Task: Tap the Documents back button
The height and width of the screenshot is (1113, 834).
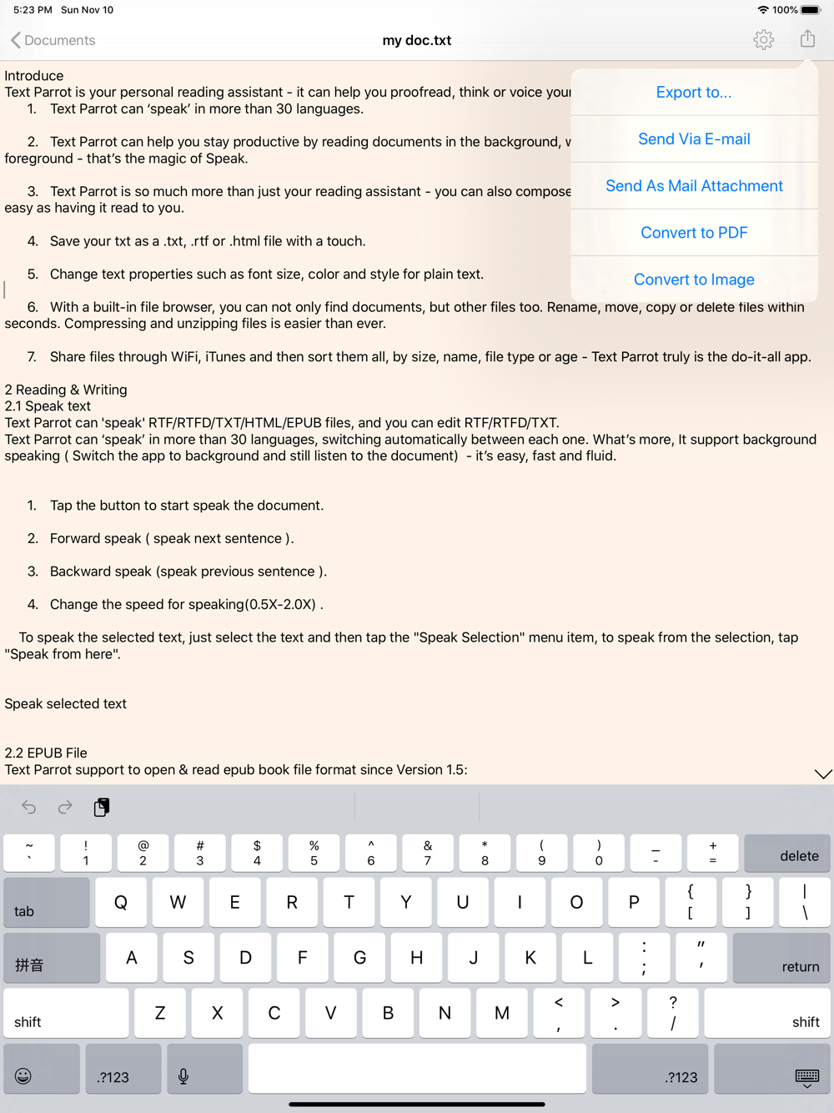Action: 53,40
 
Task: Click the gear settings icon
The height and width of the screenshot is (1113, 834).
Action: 763,40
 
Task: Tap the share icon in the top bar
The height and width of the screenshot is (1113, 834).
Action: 807,39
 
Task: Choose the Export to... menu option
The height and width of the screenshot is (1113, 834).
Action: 694,93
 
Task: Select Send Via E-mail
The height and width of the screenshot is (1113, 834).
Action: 694,139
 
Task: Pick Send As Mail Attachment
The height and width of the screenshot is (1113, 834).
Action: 694,186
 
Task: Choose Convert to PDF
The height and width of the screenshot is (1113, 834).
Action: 694,233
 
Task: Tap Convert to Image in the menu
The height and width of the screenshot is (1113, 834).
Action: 694,280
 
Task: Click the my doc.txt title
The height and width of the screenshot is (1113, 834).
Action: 417,40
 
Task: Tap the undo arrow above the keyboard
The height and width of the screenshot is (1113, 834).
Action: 29,807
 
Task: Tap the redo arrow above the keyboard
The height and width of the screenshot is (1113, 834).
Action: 65,807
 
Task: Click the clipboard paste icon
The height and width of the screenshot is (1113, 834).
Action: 102,807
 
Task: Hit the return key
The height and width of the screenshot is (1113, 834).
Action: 781,957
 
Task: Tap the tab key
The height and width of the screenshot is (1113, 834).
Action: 47,902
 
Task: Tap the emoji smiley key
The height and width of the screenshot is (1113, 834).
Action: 42,1068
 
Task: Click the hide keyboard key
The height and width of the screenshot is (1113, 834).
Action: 772,1068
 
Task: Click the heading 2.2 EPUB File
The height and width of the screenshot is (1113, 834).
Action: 46,753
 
